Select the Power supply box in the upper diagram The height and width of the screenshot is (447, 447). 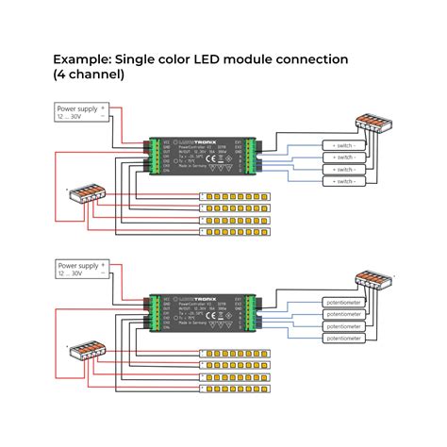(x=81, y=114)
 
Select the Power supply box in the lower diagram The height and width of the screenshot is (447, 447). (x=81, y=272)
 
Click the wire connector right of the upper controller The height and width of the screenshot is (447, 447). (x=374, y=123)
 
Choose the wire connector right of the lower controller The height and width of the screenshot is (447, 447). (x=374, y=281)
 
